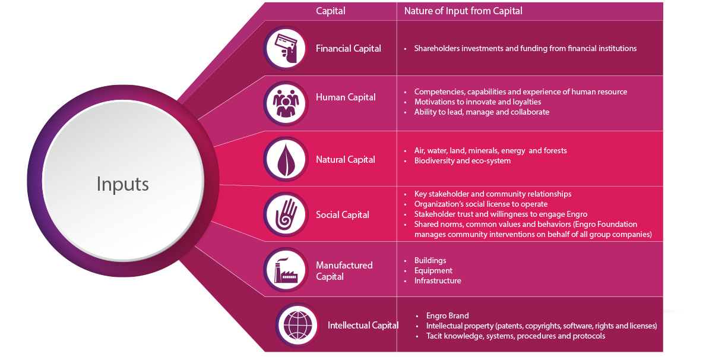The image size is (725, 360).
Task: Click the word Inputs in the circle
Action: pos(122,184)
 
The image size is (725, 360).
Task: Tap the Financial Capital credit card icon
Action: pos(286,48)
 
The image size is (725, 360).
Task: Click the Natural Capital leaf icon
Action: pos(286,159)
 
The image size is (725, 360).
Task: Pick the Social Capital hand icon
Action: pos(286,214)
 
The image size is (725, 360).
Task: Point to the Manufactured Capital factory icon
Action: pos(286,270)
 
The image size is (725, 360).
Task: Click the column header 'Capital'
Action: pos(330,11)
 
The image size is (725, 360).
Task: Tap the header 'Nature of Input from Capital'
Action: pos(463,11)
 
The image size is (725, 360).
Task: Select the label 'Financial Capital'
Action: pos(349,49)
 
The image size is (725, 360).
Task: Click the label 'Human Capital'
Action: pos(346,97)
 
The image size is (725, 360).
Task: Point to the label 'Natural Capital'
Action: pos(346,159)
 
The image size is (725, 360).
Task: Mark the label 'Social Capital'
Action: pos(343,214)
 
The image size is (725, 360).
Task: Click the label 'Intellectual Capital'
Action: pos(363,325)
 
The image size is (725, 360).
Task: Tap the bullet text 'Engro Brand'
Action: pos(447,315)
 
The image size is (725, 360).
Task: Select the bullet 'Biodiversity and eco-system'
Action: pos(462,160)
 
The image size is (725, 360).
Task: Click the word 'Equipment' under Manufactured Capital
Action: pos(433,270)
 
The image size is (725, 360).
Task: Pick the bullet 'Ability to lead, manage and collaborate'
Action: pos(482,112)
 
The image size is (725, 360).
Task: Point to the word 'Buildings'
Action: pos(430,260)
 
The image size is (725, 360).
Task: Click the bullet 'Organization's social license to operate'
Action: pos(480,204)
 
